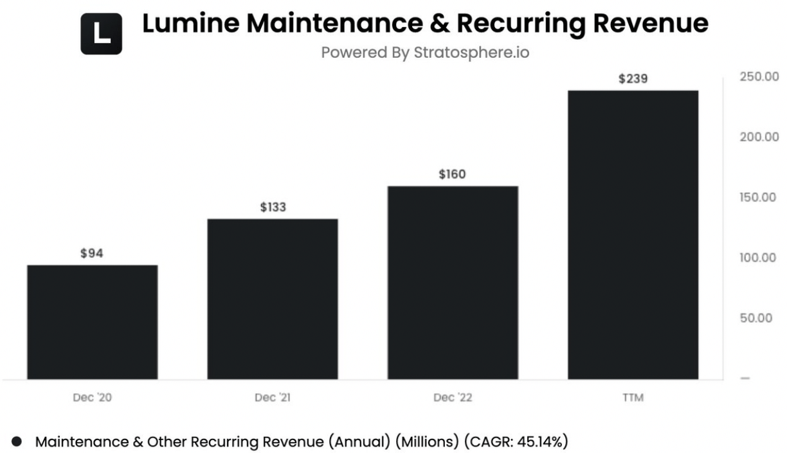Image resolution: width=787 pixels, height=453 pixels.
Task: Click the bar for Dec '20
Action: [92, 322]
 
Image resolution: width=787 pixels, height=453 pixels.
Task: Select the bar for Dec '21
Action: [272, 299]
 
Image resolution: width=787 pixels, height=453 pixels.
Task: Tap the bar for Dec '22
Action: [453, 282]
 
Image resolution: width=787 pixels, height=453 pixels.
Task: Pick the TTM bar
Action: [633, 234]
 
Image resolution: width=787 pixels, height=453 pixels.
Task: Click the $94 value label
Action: [92, 254]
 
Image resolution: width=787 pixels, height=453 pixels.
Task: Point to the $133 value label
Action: [273, 207]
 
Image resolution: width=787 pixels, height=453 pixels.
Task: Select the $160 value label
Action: [453, 174]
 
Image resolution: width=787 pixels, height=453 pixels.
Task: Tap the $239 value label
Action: [633, 79]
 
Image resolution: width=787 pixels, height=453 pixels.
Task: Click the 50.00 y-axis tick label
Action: [757, 319]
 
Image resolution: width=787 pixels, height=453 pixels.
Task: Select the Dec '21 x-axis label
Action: [273, 398]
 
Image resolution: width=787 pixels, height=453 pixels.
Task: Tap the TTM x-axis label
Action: [633, 398]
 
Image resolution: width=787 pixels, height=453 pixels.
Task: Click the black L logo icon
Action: [101, 33]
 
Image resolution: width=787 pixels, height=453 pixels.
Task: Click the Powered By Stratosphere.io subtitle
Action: [425, 53]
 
